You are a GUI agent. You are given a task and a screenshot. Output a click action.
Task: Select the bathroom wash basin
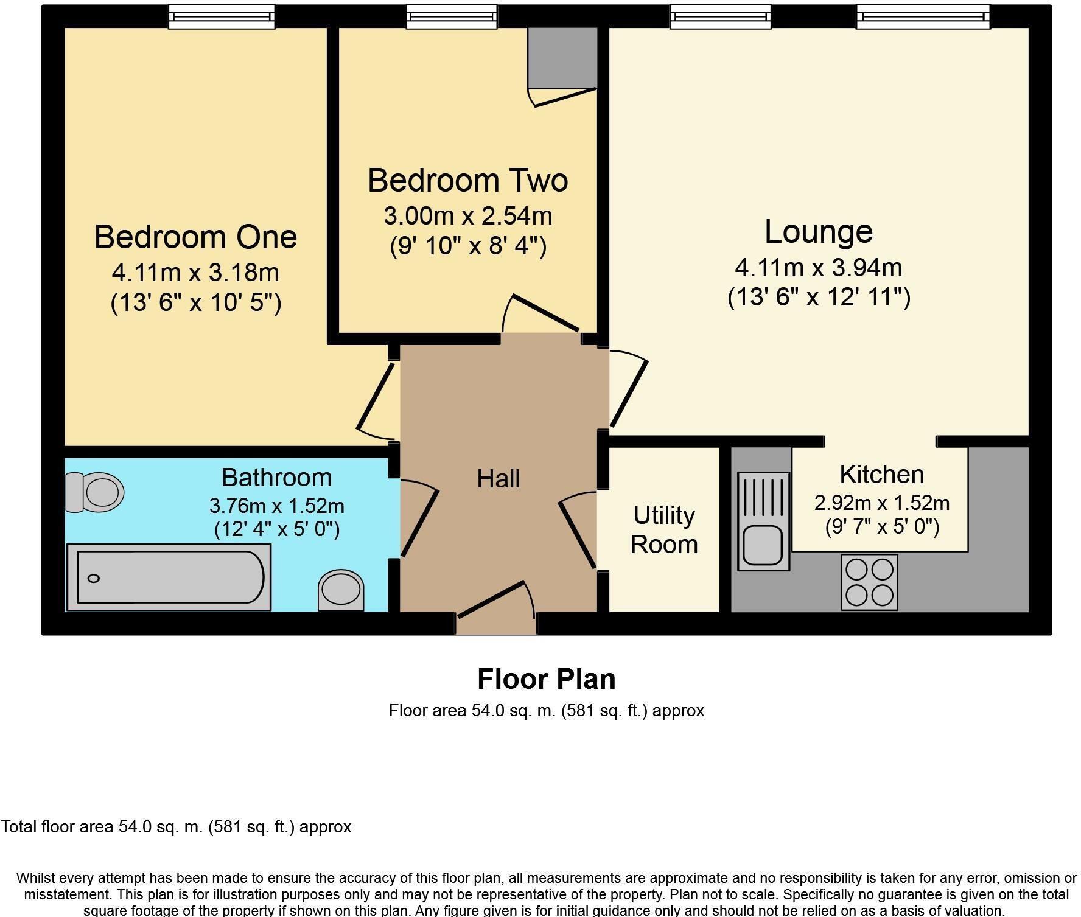coord(341,590)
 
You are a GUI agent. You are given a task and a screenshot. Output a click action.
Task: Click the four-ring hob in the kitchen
coord(869,582)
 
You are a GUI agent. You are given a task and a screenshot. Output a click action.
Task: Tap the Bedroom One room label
coord(195,237)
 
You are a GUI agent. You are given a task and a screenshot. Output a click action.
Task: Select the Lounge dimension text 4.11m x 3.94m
coord(818,267)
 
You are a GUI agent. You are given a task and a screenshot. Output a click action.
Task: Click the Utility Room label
coord(663,529)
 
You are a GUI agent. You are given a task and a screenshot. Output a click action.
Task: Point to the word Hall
coord(498,479)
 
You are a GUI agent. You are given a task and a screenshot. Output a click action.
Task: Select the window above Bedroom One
coord(222,16)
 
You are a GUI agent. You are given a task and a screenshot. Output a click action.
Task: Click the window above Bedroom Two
coord(451,16)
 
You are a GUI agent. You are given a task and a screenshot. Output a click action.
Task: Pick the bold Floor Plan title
coord(546,679)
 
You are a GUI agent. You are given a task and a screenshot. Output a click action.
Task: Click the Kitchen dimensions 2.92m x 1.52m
coord(881,503)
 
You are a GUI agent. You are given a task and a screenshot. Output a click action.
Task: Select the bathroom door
coord(419,522)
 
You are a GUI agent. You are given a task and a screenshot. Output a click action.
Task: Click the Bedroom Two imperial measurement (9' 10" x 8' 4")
coord(467,246)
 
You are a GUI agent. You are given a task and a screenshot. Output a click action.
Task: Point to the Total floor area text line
coord(177,827)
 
